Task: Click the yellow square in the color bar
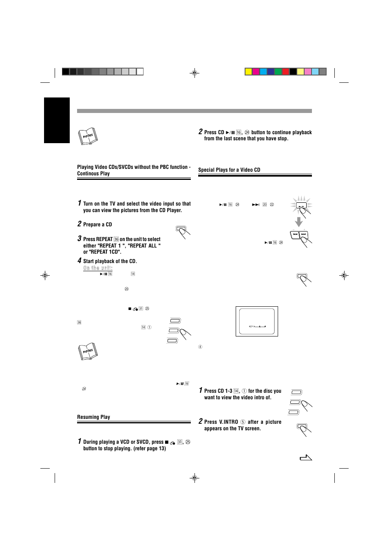[248, 72]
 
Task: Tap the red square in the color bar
[285, 72]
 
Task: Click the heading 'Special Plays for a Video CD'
[229, 170]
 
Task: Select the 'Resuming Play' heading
[93, 417]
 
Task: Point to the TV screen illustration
[256, 321]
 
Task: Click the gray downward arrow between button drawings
[299, 222]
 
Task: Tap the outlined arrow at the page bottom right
[306, 458]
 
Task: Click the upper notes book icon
[88, 136]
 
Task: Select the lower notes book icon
[88, 351]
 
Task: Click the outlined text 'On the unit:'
[98, 268]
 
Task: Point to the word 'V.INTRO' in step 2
[228, 422]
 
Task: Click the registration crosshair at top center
[194, 73]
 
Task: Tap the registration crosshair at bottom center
[194, 478]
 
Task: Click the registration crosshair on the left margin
[45, 276]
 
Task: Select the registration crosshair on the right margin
[344, 276]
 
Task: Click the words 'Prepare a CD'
[97, 225]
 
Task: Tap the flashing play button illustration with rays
[301, 206]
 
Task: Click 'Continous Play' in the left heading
[93, 174]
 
